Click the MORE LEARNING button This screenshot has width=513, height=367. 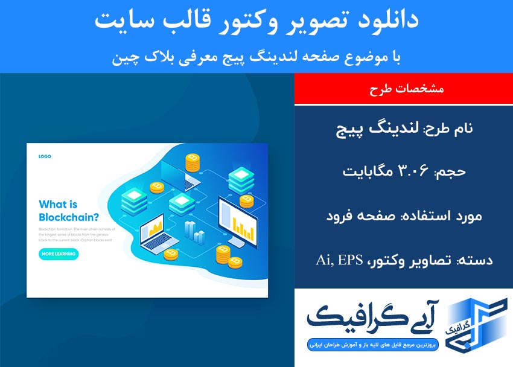tap(59, 254)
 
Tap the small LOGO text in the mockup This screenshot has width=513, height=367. tap(45, 156)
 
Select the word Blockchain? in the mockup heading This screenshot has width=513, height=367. tap(69, 217)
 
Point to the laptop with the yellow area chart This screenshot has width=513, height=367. tap(156, 233)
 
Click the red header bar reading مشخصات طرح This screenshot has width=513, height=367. tap(403, 89)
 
